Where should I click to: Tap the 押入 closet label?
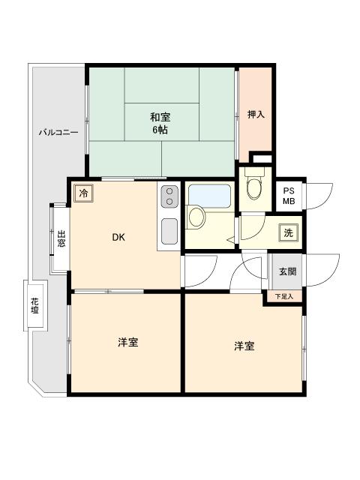(x=256, y=115)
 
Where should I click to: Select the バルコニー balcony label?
(x=58, y=133)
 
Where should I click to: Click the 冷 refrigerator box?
(x=83, y=193)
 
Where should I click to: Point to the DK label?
(x=118, y=238)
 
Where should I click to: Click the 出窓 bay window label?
(x=61, y=239)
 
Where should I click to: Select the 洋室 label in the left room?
(x=127, y=343)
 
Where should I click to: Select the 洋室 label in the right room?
(x=243, y=346)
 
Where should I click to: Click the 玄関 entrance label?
(x=287, y=271)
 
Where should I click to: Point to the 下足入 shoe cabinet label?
(x=283, y=297)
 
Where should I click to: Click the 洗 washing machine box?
(x=288, y=232)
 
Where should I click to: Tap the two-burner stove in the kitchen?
(x=169, y=196)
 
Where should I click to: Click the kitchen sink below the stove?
(x=169, y=229)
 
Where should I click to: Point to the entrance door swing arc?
(x=318, y=271)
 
